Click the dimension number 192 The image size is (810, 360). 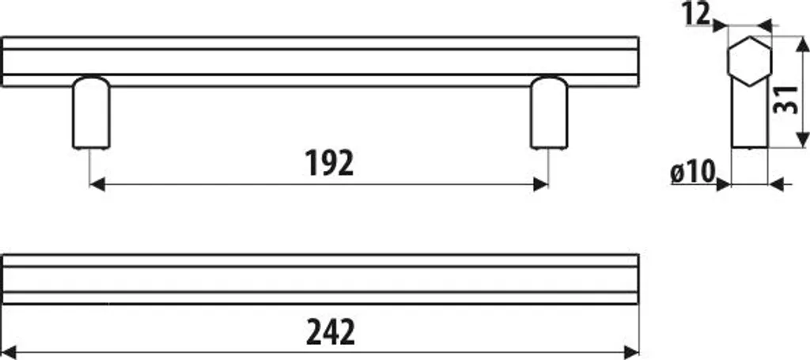coord(329,163)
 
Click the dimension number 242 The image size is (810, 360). coord(331,332)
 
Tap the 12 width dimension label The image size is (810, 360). coord(696,14)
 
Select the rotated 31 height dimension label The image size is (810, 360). coord(785,99)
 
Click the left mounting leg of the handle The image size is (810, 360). coord(91,113)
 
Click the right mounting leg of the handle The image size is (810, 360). coord(549,113)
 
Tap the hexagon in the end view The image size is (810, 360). coord(750,61)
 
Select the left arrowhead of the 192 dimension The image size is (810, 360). coord(97,184)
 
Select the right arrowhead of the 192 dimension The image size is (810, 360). coord(541,184)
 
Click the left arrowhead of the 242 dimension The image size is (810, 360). coord(9,352)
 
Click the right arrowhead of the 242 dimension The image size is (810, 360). coord(632,352)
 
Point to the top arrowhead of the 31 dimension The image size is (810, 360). coord(802,44)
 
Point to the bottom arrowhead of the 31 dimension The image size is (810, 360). coord(802,139)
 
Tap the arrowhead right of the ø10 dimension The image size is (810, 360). coord(777,184)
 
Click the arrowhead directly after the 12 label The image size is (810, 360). coord(720,25)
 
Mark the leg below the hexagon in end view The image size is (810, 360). coord(750,117)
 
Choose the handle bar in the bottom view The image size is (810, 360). coord(321,279)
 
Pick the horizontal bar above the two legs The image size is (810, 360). coord(321,62)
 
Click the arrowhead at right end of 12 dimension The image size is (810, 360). coord(765,25)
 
